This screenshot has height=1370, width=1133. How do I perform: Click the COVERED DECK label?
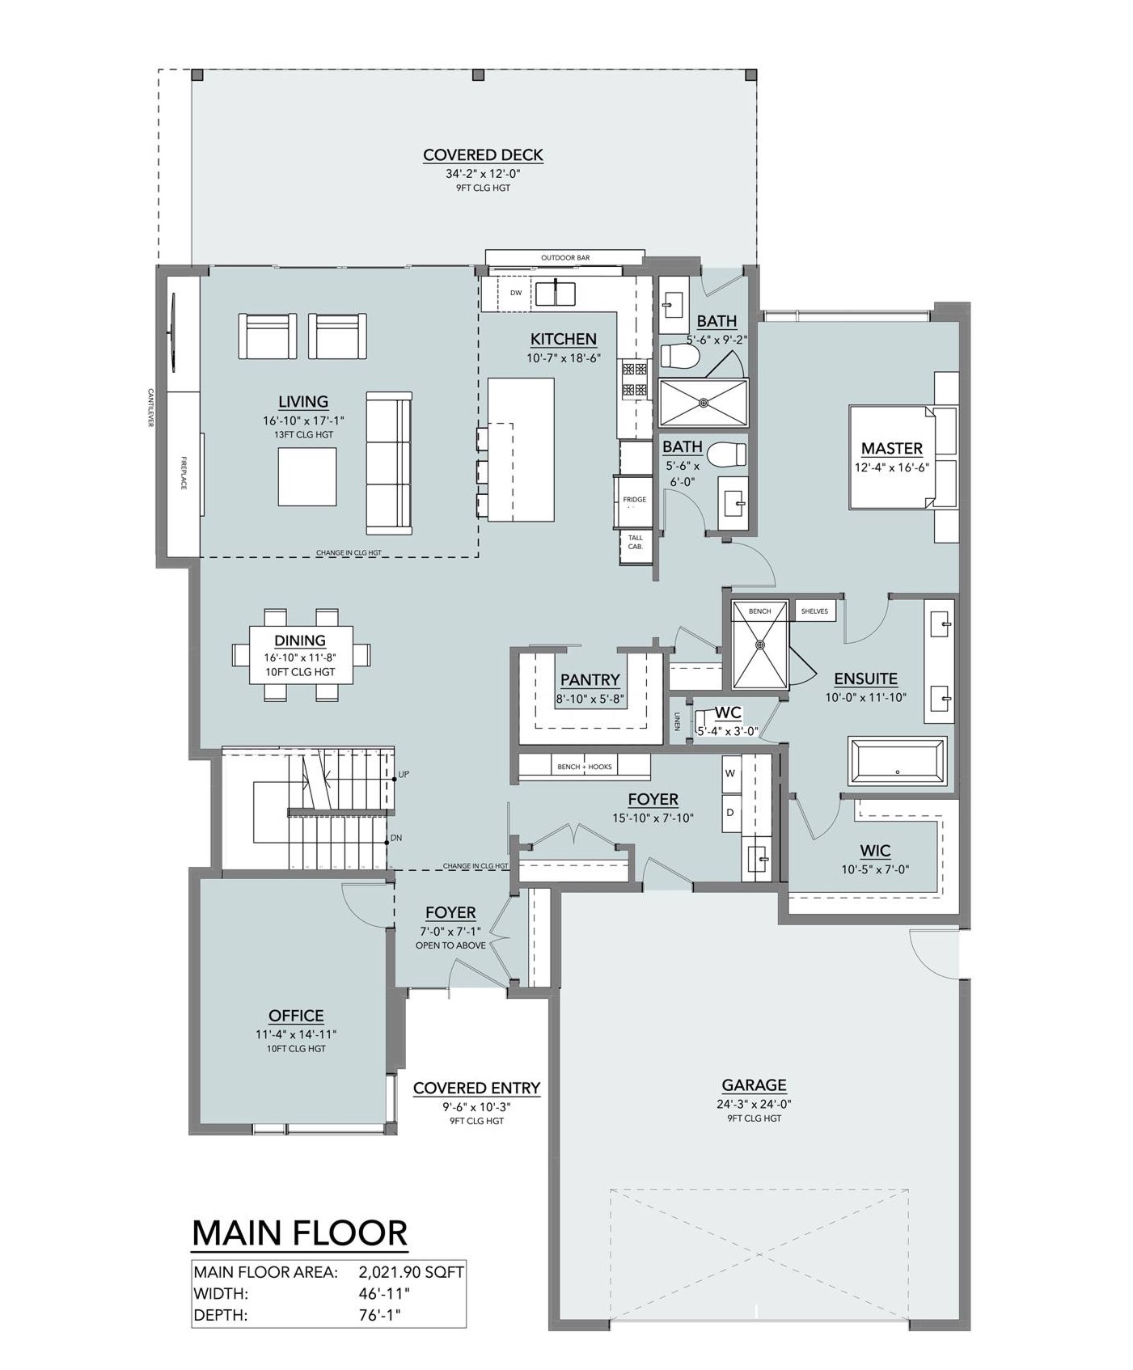tap(483, 155)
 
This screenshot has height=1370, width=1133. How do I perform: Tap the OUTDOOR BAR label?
tap(565, 258)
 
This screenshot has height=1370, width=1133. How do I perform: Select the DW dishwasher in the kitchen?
tap(516, 293)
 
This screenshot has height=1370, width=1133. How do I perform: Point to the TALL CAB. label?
tap(636, 542)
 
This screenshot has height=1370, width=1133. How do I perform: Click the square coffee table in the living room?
tap(307, 476)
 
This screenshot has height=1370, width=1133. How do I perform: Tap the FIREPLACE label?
tap(184, 472)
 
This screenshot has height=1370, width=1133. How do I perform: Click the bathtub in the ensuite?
tap(897, 761)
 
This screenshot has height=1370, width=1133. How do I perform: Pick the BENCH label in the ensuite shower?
tap(759, 611)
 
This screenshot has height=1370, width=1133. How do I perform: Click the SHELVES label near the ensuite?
tap(814, 611)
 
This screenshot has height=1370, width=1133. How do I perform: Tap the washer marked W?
tap(731, 774)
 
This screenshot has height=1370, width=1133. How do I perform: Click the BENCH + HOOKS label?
tap(585, 767)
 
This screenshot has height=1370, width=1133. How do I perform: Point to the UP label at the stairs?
tap(404, 775)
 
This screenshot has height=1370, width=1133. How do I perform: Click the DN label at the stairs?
tap(396, 839)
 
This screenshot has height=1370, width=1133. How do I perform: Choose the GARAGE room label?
tap(755, 1085)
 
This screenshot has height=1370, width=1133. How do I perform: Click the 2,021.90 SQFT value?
tap(411, 1272)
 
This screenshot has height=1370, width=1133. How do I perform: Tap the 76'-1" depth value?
tap(379, 1315)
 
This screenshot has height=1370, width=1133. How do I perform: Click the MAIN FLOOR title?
tap(300, 1233)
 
